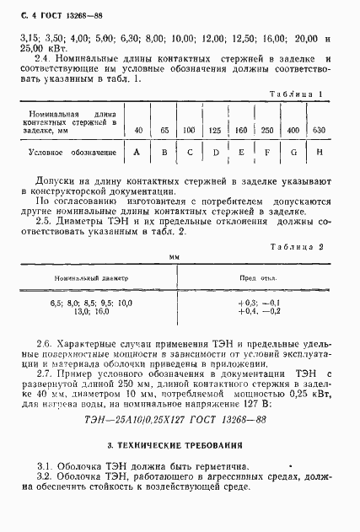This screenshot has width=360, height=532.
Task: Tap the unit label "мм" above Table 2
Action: pyautogui.click(x=175, y=255)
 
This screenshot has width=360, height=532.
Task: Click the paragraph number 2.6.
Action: pyautogui.click(x=45, y=343)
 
